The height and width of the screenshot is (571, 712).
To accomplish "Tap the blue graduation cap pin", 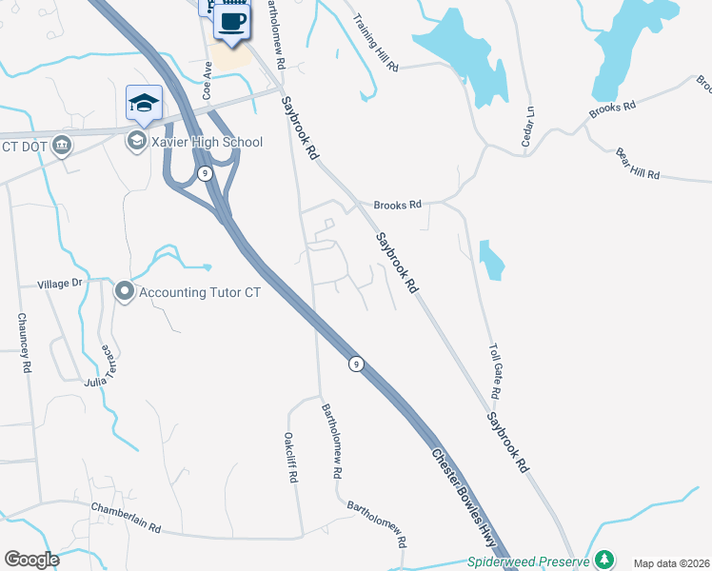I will (144, 103).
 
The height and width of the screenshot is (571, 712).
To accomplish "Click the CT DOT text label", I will (25, 146).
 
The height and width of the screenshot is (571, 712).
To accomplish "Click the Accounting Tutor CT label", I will (199, 292).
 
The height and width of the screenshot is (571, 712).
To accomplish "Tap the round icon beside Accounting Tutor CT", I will (124, 291).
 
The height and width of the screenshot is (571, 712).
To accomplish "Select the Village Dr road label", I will (60, 284).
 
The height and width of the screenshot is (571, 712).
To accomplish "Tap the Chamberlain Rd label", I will (126, 518).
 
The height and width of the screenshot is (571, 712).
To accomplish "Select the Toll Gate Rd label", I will (495, 372).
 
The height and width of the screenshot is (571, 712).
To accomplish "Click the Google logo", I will (31, 560).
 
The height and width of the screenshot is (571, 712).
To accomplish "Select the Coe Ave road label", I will (207, 81).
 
